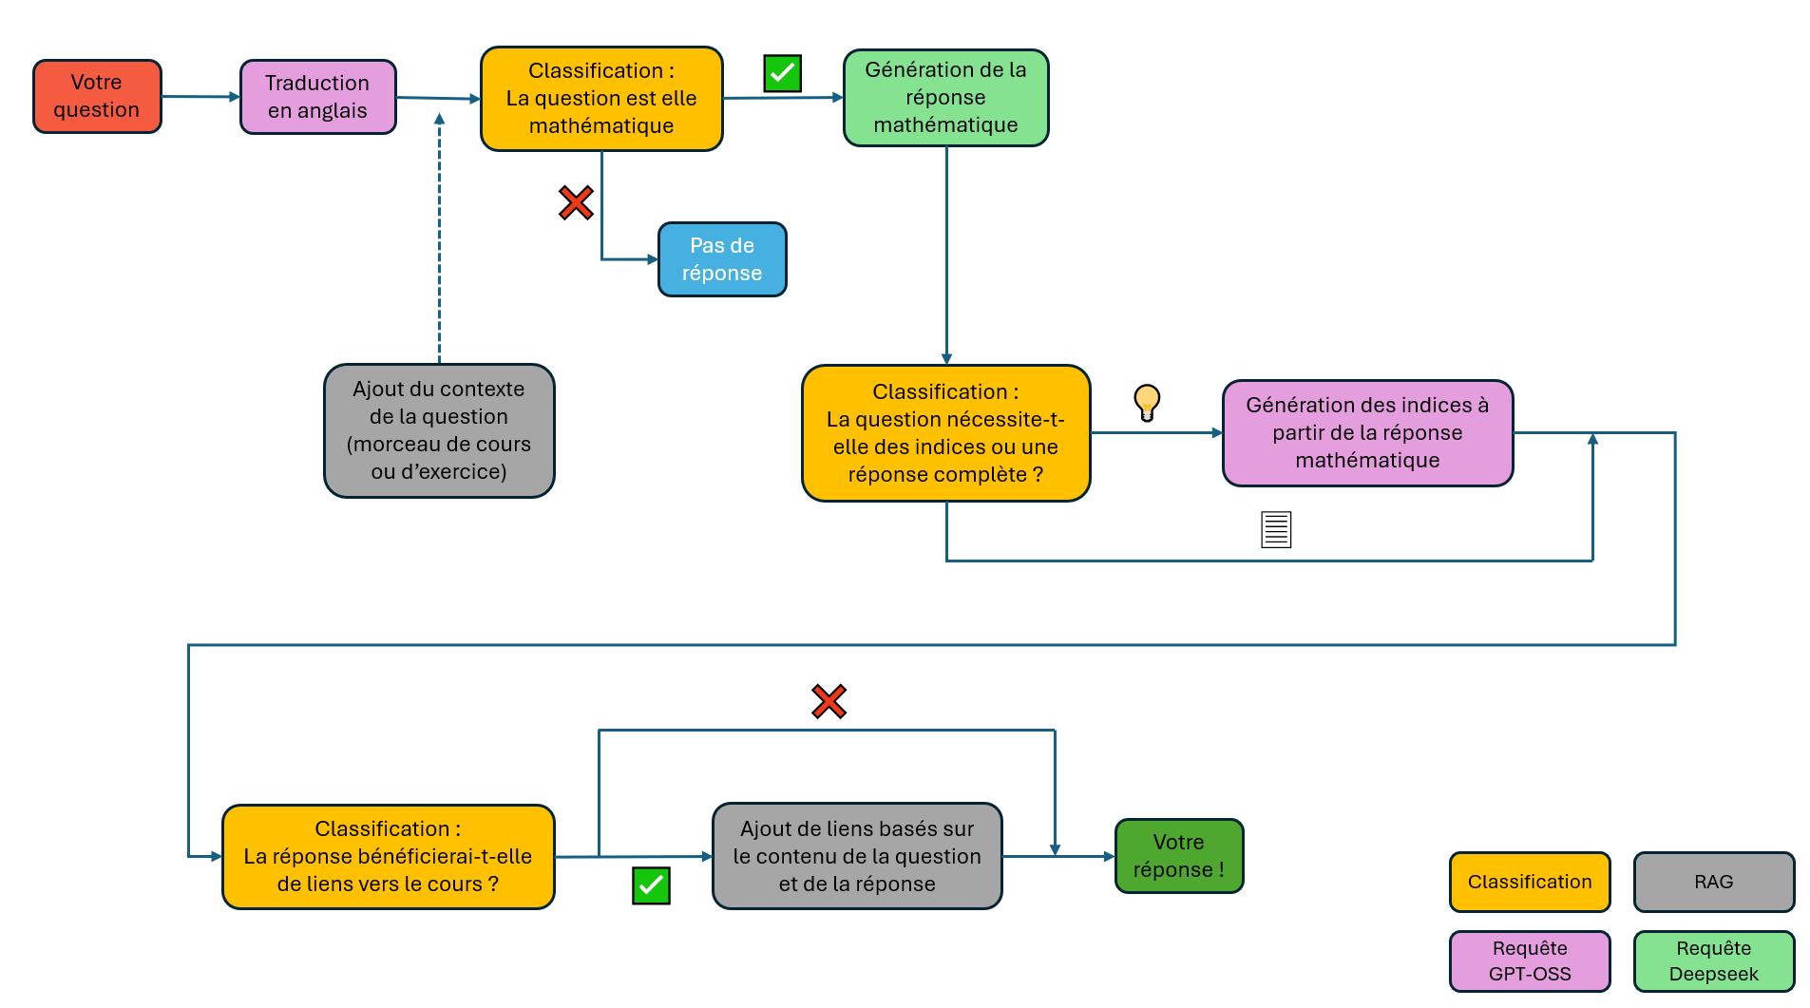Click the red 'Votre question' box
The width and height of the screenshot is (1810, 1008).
coord(97,96)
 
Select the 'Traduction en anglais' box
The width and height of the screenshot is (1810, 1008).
coord(317,97)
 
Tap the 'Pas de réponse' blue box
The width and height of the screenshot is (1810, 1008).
coord(722,259)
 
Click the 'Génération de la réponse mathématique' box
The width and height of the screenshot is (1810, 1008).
coord(945,98)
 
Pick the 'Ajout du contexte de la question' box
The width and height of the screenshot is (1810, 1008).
coord(439,430)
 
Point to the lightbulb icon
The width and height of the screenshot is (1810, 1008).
coord(1147,403)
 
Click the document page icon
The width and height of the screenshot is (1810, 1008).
coord(1276,529)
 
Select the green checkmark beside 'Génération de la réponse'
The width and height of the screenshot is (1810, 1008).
coord(783,73)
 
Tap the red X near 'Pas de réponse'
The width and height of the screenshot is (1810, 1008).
coord(576,202)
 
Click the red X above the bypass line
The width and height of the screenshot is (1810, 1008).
coord(829,701)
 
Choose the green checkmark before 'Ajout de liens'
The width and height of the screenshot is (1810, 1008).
coord(651,885)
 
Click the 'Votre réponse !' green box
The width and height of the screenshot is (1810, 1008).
coord(1179,856)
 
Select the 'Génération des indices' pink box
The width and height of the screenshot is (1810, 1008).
coord(1367,433)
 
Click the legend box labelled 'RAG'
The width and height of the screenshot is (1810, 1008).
coord(1714,882)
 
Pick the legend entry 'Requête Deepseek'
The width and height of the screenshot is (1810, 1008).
coord(1714,961)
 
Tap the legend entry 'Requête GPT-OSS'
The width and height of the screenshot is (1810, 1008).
coord(1530,961)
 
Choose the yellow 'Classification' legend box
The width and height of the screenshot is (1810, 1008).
coord(1530,882)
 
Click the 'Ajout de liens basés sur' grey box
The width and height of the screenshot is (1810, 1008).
coord(857,856)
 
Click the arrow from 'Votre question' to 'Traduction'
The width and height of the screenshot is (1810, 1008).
coord(200,96)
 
